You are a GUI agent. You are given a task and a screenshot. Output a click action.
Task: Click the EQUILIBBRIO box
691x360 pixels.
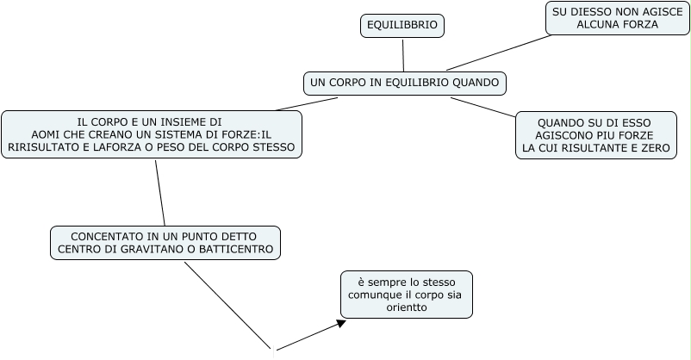402,27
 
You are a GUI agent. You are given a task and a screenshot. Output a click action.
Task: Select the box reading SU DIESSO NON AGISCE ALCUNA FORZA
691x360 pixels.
617,18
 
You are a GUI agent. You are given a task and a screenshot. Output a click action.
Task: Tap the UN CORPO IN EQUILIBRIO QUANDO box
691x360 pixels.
404,83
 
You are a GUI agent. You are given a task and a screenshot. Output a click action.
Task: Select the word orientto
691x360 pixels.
407,307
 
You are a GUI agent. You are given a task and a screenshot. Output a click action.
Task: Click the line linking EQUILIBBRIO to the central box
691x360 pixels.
402,56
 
